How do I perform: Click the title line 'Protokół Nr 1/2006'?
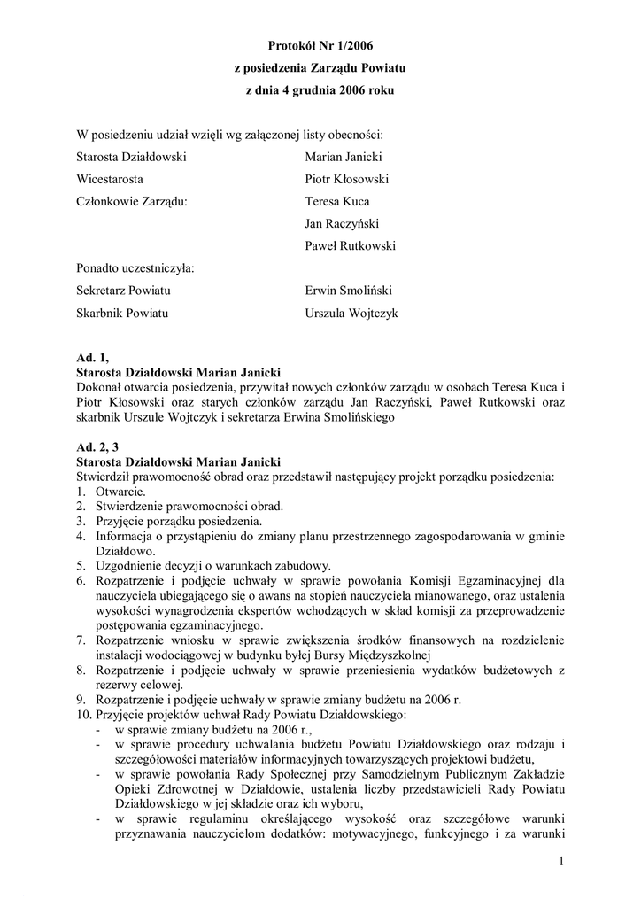tap(320, 43)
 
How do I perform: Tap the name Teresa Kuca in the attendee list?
tap(337, 201)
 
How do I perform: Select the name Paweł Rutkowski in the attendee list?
tap(350, 245)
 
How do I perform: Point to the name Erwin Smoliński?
tap(349, 290)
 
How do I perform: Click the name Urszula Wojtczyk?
tap(351, 312)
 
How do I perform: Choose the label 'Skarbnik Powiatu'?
tap(122, 312)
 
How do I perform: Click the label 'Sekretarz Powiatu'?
tap(124, 290)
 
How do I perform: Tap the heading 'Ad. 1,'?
tap(92, 358)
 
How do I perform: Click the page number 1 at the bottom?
tap(561, 862)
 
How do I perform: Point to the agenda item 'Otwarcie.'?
tap(121, 492)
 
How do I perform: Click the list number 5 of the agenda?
tap(80, 565)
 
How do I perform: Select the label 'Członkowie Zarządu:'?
tap(132, 201)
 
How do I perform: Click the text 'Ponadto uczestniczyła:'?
tap(135, 267)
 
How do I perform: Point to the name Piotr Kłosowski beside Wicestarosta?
tap(346, 179)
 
